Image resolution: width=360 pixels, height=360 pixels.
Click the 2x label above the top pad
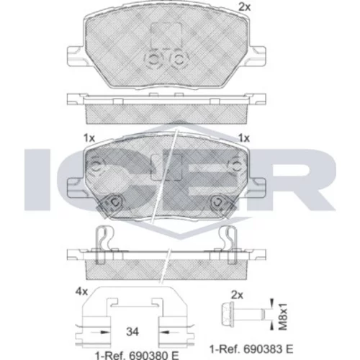[244, 7]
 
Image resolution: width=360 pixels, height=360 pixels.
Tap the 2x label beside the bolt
[237, 294]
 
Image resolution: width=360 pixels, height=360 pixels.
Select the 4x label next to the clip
[81, 292]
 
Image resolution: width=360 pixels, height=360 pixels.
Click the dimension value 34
[132, 331]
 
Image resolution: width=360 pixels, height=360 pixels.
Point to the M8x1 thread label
[284, 317]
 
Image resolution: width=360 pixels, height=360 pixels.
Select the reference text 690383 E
[269, 348]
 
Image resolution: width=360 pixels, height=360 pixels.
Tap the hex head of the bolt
[227, 314]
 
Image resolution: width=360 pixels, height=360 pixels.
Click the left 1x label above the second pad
[89, 138]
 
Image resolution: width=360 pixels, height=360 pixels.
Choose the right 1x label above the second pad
[244, 138]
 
